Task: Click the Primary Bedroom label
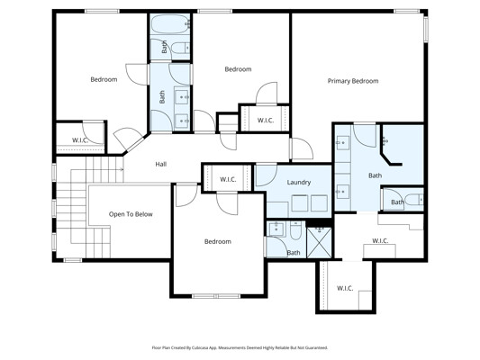[353, 81]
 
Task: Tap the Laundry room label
[299, 183]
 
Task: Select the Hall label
[160, 164]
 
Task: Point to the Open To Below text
[131, 214]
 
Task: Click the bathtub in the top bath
[170, 24]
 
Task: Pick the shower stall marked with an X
[319, 242]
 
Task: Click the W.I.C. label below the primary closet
[345, 288]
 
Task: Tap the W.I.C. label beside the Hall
[228, 179]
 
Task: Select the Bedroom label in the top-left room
[104, 79]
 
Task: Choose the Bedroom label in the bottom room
[218, 241]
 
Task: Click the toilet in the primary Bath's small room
[415, 200]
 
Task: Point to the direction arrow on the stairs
[121, 169]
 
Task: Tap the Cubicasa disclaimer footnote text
[240, 347]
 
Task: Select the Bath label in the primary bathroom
[375, 175]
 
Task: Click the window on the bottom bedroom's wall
[216, 296]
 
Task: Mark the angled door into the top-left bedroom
[130, 139]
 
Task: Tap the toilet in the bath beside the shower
[295, 231]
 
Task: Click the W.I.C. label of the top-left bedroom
[80, 140]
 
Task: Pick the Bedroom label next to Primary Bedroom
[238, 69]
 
